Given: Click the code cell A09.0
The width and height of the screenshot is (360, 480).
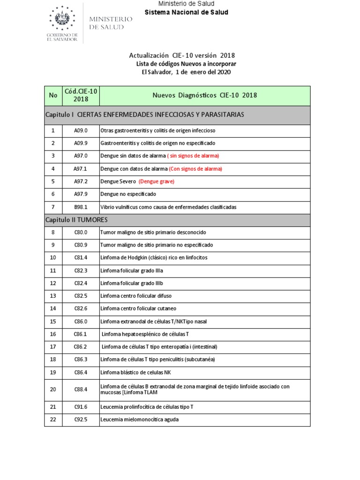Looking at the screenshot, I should tap(81, 130).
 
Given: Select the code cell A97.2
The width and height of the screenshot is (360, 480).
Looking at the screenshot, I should tap(81, 181).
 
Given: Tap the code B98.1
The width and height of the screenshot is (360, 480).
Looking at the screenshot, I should tap(81, 207).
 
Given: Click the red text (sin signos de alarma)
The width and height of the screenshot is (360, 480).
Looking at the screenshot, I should tap(193, 156).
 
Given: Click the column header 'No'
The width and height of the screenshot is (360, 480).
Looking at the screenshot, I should tap(53, 96).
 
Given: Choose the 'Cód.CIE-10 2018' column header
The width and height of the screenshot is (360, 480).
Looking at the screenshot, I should tap(81, 95).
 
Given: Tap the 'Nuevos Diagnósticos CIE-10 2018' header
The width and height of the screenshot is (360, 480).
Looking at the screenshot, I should tap(205, 96).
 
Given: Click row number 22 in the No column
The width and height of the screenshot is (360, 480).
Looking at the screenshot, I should tap(53, 420).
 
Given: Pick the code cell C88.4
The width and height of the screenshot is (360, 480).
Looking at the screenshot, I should tap(81, 390).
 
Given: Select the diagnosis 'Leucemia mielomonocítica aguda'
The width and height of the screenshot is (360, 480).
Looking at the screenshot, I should tap(139, 420).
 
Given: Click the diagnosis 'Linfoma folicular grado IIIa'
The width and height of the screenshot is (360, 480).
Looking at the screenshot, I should tap(132, 270).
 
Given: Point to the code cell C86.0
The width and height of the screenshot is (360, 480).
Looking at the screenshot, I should tap(81, 321).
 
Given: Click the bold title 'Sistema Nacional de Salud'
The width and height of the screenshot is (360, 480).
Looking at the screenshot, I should tap(186, 12).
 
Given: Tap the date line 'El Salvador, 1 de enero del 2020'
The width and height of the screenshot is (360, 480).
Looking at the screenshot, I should tap(186, 72).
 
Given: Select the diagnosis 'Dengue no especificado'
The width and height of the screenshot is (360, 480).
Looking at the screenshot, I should tap(128, 194).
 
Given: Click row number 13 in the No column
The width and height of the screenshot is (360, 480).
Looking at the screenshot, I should tap(53, 296).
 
